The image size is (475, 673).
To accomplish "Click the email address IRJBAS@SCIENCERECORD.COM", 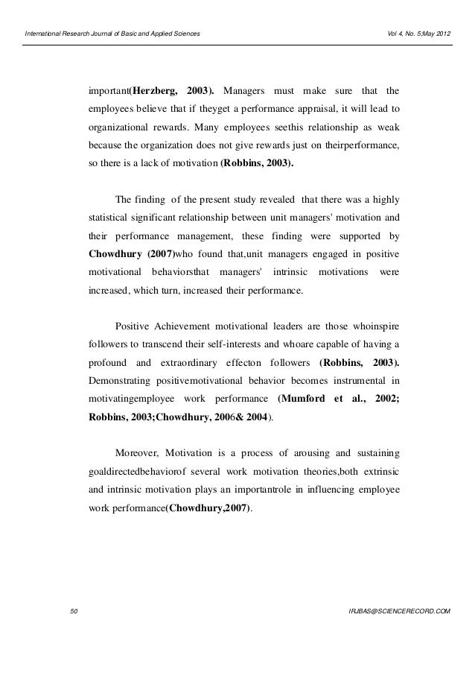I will (399, 611).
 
